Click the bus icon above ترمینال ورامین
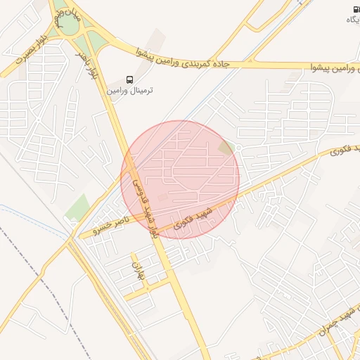[129, 79]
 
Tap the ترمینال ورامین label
[130, 91]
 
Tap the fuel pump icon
[356, 8]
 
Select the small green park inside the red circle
[227, 148]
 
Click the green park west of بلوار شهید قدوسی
[78, 207]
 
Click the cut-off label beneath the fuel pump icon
[352, 20]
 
